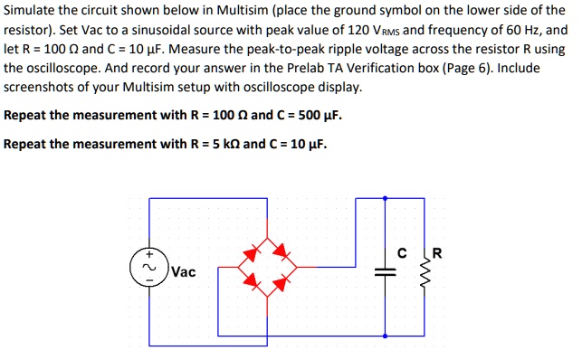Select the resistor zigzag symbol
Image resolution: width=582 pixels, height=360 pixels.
coord(429,274)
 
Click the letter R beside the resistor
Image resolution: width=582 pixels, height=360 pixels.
coord(437,252)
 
